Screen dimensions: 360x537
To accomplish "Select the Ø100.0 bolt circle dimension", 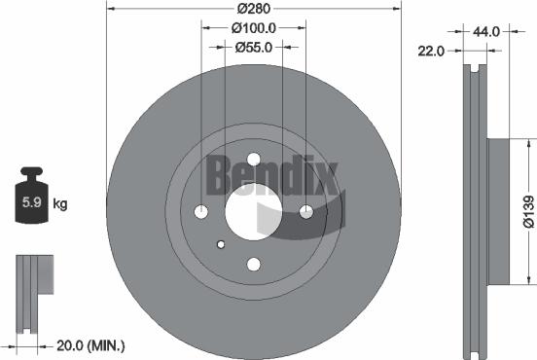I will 254,28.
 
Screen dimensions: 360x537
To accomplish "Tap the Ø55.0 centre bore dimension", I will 254,46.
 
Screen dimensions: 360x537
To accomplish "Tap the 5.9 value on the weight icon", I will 29,204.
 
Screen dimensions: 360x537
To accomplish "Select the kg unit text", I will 59,204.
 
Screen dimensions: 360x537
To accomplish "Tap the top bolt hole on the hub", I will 254,161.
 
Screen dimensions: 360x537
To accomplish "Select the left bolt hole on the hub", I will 202,212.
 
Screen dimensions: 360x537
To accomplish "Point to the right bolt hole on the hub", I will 305,212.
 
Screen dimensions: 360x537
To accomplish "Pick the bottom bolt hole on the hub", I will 254,264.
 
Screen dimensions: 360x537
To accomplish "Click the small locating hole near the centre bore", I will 222,244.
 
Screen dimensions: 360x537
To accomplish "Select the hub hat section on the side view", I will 496,210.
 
